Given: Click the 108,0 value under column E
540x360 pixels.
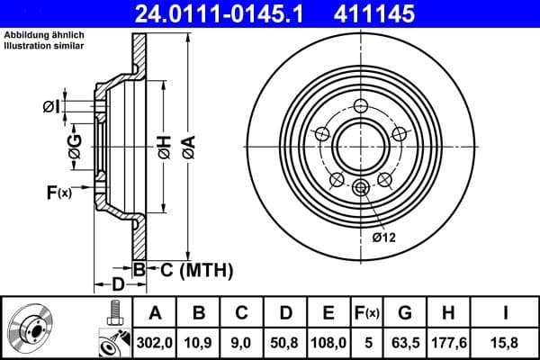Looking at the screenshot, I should coord(329,341).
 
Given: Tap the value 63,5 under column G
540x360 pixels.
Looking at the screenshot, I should coord(405,341).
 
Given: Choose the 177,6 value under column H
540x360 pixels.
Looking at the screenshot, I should coord(449,341).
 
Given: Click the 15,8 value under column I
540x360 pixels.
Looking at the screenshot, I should coord(504,341).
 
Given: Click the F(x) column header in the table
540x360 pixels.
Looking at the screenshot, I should coord(367,313).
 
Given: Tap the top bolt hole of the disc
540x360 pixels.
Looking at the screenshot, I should coord(361,105).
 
